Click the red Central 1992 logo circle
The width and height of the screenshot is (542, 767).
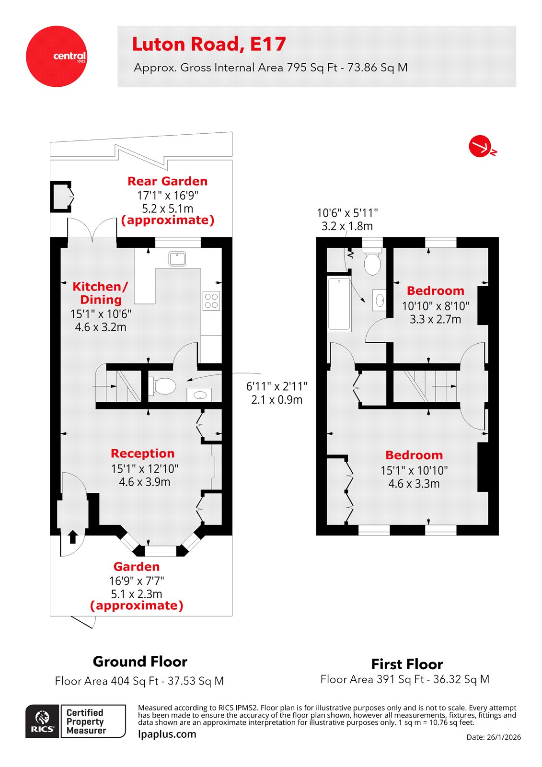pyautogui.click(x=56, y=57)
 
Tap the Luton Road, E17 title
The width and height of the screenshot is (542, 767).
pyautogui.click(x=209, y=44)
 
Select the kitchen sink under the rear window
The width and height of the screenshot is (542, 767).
pyautogui.click(x=177, y=258)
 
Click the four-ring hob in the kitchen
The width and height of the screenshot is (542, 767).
pyautogui.click(x=211, y=301)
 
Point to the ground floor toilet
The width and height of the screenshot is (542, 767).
pyautogui.click(x=163, y=386)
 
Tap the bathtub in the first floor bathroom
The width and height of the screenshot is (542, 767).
pyautogui.click(x=339, y=304)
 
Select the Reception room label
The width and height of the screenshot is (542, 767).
pyautogui.click(x=142, y=453)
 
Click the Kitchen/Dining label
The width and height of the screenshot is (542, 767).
pyautogui.click(x=100, y=293)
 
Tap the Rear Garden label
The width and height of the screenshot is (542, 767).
pyautogui.click(x=167, y=181)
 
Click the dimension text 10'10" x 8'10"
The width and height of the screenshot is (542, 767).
pyautogui.click(x=435, y=306)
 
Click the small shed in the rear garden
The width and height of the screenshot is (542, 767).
pyautogui.click(x=61, y=196)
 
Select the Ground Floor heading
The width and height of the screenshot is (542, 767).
pyautogui.click(x=140, y=662)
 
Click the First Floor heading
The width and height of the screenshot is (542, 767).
pyautogui.click(x=407, y=664)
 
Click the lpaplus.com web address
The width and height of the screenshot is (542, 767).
pyautogui.click(x=167, y=734)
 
